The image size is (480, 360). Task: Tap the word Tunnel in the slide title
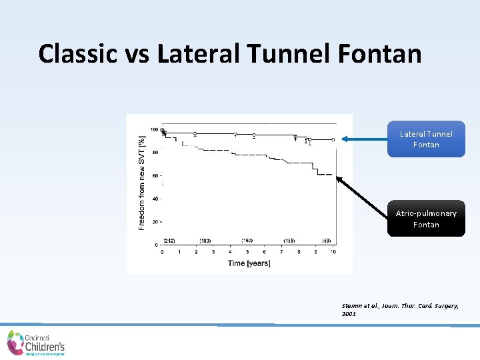265,53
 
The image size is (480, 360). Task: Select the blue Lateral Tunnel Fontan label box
426,139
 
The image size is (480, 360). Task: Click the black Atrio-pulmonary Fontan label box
426,219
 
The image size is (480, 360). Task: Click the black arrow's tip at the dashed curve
336,177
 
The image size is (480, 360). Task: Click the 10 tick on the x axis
333,252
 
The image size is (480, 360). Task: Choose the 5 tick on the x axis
247,252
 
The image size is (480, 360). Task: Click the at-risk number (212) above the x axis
169,240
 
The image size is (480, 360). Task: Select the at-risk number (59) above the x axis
327,240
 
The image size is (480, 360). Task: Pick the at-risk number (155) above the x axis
289,240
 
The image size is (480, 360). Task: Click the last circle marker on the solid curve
332,139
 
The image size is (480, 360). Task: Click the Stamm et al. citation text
399,309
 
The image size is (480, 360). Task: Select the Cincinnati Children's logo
37,343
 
